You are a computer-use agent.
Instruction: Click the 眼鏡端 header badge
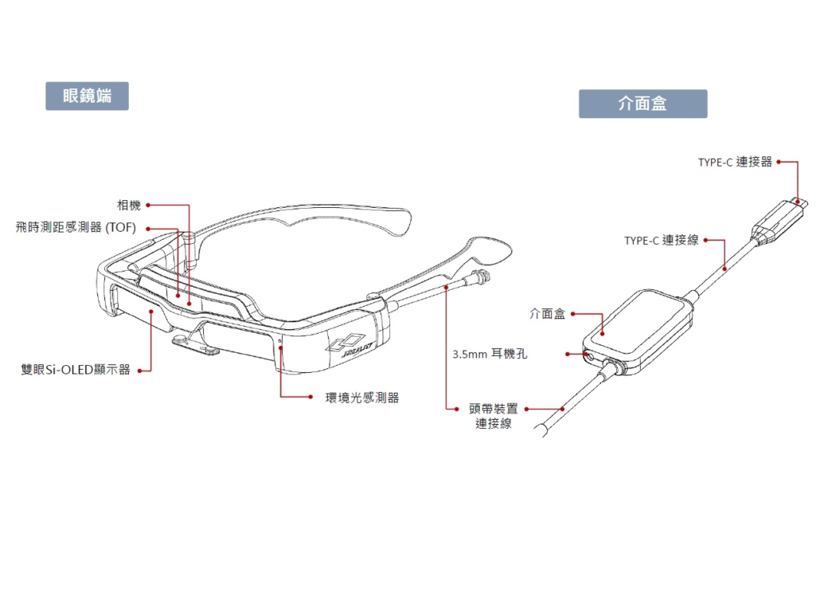pos(87,96)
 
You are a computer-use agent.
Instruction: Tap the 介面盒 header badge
pos(642,104)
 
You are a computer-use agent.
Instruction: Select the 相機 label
pos(129,205)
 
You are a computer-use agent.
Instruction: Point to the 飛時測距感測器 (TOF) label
pos(76,228)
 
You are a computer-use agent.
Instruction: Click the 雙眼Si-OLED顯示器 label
pos(76,370)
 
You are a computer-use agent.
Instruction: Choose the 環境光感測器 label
pos(362,398)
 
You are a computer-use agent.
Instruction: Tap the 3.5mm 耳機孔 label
pos(490,355)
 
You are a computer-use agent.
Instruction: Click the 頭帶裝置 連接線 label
pos(493,415)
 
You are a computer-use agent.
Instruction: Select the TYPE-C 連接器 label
pos(735,163)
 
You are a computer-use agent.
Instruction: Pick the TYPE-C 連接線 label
pos(661,240)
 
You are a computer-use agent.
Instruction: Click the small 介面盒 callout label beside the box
pos(548,314)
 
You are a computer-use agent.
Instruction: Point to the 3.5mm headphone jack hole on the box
pos(590,356)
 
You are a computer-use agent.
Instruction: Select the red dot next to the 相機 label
pos(148,205)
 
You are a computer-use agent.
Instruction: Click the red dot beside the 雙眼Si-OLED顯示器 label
pos(139,370)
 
